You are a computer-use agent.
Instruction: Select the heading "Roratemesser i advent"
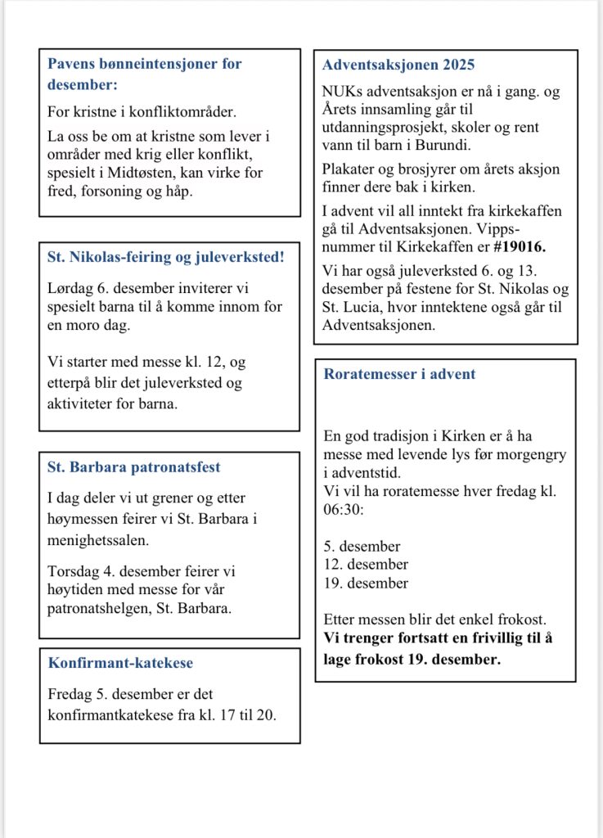(x=399, y=375)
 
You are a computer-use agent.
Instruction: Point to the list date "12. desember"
(x=366, y=564)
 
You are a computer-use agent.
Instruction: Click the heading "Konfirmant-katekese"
(x=120, y=663)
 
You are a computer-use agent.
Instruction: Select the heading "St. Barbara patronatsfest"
(x=133, y=468)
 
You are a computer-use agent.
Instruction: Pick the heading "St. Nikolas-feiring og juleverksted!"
(x=166, y=257)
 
